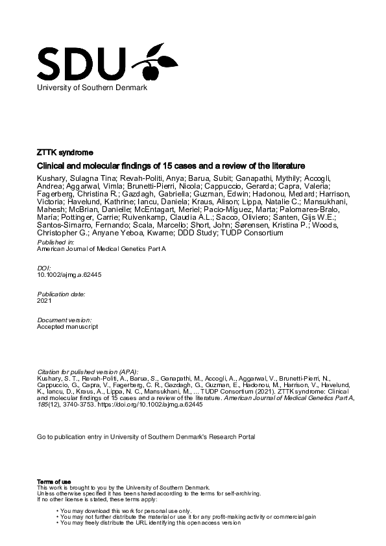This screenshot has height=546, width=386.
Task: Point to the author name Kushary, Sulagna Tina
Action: click(x=72, y=178)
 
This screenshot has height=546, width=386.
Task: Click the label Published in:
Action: click(x=55, y=241)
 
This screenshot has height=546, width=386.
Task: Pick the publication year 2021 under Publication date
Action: click(x=44, y=301)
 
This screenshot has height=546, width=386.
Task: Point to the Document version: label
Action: click(x=64, y=320)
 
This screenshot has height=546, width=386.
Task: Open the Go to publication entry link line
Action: click(x=146, y=437)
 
